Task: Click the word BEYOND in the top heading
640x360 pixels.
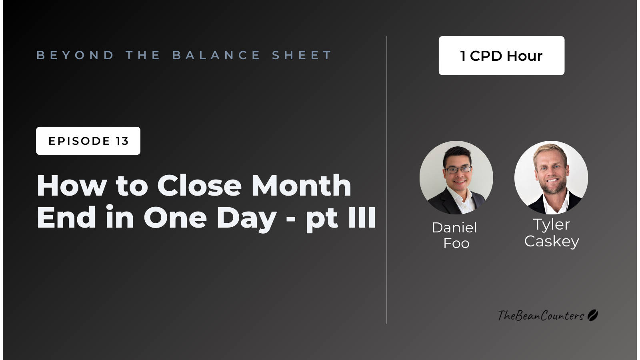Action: click(x=75, y=55)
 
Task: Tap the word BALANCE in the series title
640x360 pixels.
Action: click(x=216, y=55)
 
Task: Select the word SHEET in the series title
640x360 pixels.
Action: click(x=302, y=55)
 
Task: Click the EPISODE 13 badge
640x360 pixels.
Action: click(x=88, y=141)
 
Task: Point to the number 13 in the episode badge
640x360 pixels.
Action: click(x=122, y=141)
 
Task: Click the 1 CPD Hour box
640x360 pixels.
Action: click(x=501, y=56)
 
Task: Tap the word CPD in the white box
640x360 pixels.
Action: click(x=486, y=56)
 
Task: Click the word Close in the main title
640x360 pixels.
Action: click(x=199, y=186)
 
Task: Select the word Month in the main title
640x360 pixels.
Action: click(x=301, y=186)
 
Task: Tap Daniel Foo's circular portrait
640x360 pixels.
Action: click(x=456, y=178)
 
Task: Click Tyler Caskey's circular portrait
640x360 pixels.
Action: click(x=551, y=178)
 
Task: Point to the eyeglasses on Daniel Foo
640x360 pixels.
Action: click(x=458, y=170)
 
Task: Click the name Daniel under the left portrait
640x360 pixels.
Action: click(x=454, y=228)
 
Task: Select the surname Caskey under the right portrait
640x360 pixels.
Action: click(x=552, y=241)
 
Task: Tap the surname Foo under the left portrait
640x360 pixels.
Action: click(x=456, y=243)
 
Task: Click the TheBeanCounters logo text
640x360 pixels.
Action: click(x=541, y=316)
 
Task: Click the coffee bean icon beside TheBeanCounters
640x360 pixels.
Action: click(x=593, y=315)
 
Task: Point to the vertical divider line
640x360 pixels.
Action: click(x=387, y=180)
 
